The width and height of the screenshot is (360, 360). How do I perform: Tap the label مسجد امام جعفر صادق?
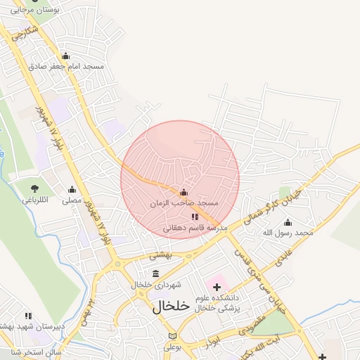click(x=67, y=66)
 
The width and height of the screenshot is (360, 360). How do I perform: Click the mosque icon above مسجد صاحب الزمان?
click(x=184, y=192)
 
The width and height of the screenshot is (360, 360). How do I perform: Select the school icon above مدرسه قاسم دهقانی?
click(x=195, y=217)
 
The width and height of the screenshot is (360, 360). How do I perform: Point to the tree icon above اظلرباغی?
click(x=34, y=188)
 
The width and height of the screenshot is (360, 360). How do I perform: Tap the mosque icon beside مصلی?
click(x=72, y=190)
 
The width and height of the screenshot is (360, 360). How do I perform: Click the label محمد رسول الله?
click(x=287, y=232)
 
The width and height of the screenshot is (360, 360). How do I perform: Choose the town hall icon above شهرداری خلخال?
click(x=155, y=274)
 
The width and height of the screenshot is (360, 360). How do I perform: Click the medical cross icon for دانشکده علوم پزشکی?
click(x=217, y=286)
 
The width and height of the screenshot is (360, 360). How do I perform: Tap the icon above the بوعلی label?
click(x=173, y=336)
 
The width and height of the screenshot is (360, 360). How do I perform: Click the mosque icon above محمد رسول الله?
click(x=287, y=222)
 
